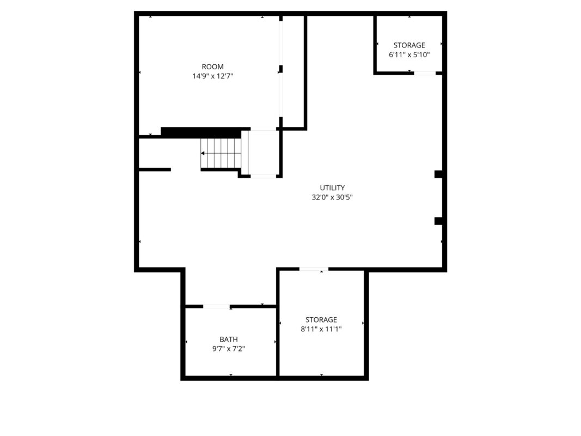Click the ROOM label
(213, 66)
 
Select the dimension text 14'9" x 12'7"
(213, 76)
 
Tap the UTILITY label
(332, 187)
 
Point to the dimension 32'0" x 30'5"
(332, 197)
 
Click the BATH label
(229, 339)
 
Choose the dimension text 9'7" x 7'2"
(229, 349)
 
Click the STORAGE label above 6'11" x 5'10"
(409, 45)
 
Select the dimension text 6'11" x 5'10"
(409, 55)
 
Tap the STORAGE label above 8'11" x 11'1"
(321, 319)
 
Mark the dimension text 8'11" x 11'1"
(321, 329)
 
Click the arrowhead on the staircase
(203, 153)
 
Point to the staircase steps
(221, 153)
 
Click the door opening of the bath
(216, 306)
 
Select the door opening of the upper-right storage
(425, 73)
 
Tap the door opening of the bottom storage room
(314, 269)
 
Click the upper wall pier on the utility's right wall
(438, 174)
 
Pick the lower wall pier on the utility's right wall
(438, 221)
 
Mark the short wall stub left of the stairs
(155, 170)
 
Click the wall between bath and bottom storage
(277, 342)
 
